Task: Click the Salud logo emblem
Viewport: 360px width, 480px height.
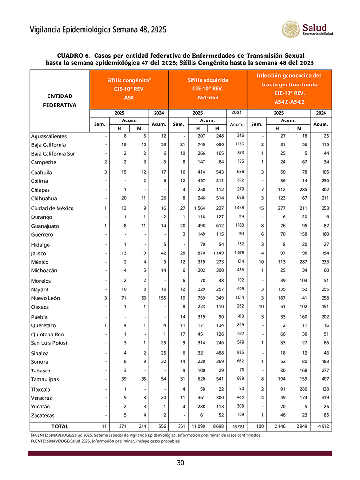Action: (291, 30)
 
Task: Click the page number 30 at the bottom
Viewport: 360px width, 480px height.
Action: (180, 463)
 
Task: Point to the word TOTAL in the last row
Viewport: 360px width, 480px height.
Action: (60, 426)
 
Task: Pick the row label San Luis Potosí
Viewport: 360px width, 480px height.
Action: (49, 343)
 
